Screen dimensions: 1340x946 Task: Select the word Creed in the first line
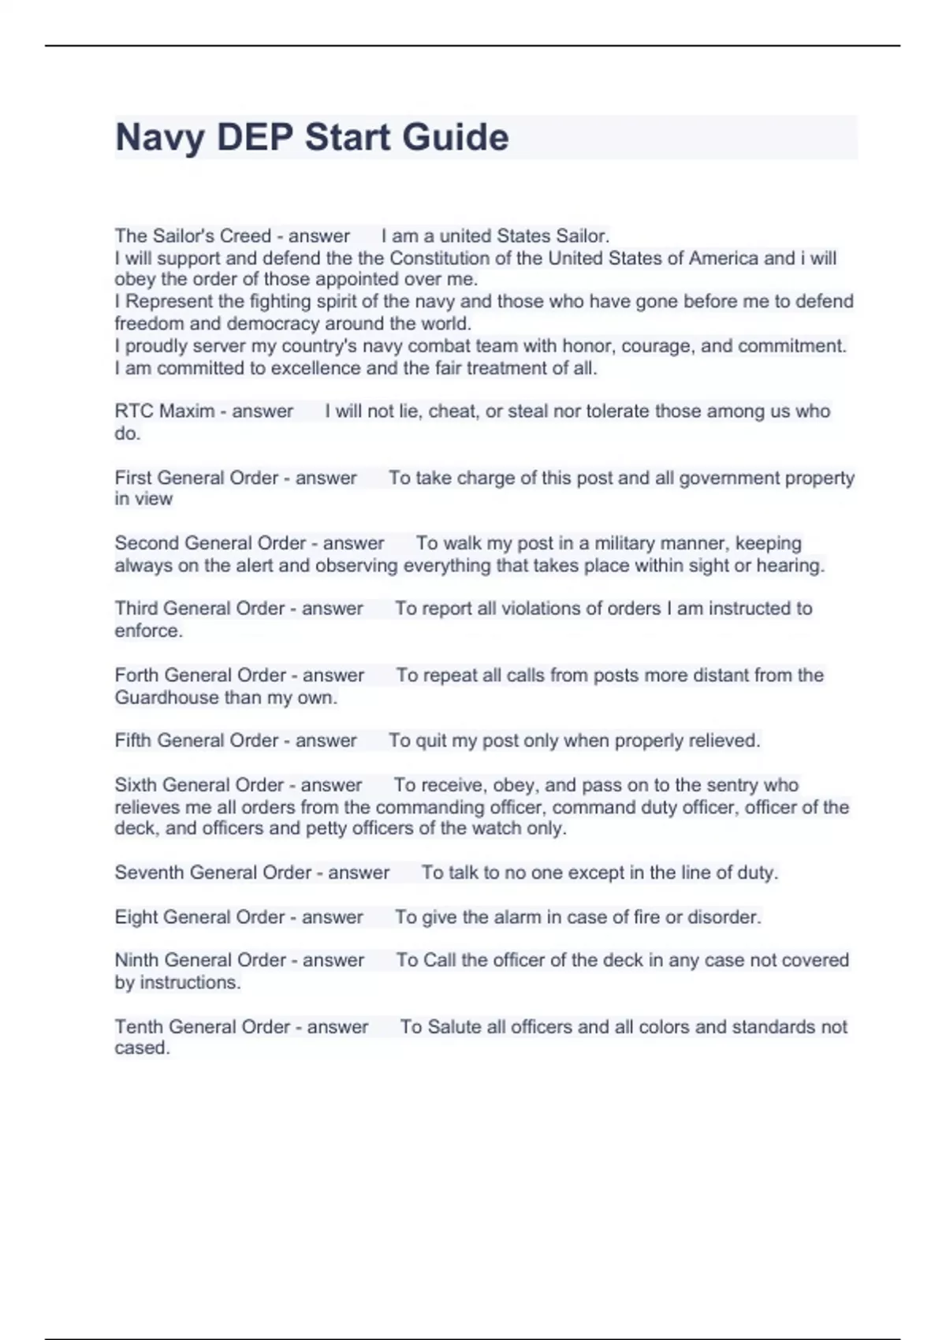point(245,236)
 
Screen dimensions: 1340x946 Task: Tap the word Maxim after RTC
point(187,411)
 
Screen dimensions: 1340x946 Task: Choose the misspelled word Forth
point(136,675)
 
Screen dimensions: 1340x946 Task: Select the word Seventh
point(149,873)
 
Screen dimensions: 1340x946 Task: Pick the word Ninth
point(136,960)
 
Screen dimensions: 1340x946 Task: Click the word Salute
point(454,1026)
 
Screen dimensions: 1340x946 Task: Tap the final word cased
point(141,1048)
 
